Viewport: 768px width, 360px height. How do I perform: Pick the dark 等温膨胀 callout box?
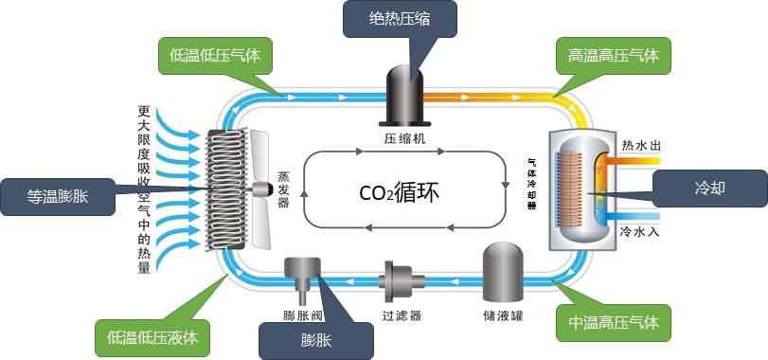point(57,196)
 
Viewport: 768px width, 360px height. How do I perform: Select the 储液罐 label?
point(503,312)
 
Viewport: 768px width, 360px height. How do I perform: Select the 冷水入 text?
point(641,230)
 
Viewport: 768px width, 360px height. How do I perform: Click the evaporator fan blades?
point(258,187)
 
